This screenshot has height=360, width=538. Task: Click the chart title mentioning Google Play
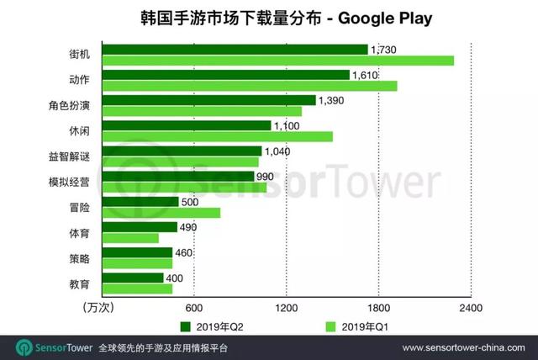(x=268, y=18)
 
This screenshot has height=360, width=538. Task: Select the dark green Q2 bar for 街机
(x=235, y=50)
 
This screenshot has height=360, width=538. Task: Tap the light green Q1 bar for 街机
(x=277, y=61)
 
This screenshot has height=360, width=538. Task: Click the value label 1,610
(x=366, y=75)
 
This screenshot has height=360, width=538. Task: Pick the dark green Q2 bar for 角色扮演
(x=208, y=100)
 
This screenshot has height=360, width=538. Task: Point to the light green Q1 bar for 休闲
(x=217, y=136)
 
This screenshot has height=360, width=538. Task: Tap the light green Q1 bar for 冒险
(x=161, y=213)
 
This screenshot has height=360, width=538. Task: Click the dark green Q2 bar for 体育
(x=140, y=227)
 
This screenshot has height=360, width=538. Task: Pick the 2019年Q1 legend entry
(x=356, y=326)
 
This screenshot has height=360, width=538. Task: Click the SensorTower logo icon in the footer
(x=24, y=347)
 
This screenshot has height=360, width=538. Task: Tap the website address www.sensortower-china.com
(x=465, y=347)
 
